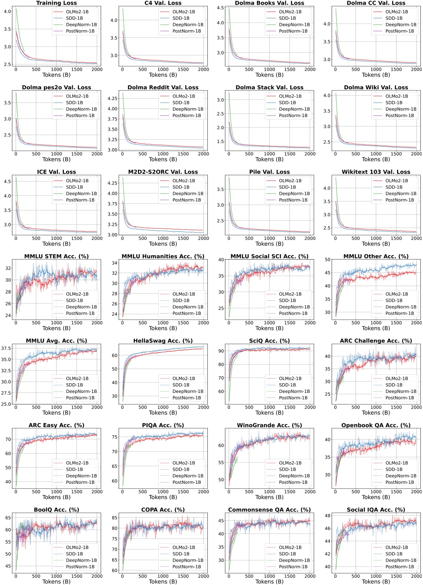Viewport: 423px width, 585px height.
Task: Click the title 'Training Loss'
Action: click(x=56, y=3)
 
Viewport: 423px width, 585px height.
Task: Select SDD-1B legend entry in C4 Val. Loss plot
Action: click(x=181, y=18)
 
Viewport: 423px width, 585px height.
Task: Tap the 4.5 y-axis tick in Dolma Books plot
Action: click(x=220, y=8)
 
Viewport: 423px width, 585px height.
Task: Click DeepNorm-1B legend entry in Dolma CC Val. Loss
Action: click(x=400, y=25)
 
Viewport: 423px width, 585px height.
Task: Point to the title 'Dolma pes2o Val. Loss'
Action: click(x=56, y=88)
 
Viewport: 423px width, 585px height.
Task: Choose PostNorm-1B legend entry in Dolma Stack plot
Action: click(x=293, y=115)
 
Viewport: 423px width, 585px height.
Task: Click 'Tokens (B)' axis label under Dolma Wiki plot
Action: click(x=376, y=159)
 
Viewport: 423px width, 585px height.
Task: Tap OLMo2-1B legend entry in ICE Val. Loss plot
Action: click(x=77, y=181)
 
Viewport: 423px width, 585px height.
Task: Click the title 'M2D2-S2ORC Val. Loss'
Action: click(x=163, y=172)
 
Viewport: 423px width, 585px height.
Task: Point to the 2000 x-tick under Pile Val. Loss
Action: click(x=310, y=238)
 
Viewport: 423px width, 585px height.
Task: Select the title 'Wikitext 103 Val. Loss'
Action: click(x=376, y=172)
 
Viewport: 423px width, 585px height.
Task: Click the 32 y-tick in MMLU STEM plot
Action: click(x=7, y=268)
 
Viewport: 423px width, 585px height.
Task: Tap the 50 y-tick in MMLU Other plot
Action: click(x=328, y=260)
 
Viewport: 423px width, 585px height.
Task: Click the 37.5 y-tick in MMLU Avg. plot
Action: click(x=6, y=348)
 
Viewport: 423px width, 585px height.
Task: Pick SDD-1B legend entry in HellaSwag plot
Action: click(x=181, y=385)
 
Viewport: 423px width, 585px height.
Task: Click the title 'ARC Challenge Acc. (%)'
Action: click(x=376, y=341)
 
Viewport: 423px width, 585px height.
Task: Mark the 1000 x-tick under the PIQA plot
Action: click(x=163, y=492)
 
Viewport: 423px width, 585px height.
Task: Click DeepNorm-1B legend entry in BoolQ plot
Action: click(x=81, y=560)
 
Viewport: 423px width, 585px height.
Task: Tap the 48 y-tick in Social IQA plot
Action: click(x=328, y=516)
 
